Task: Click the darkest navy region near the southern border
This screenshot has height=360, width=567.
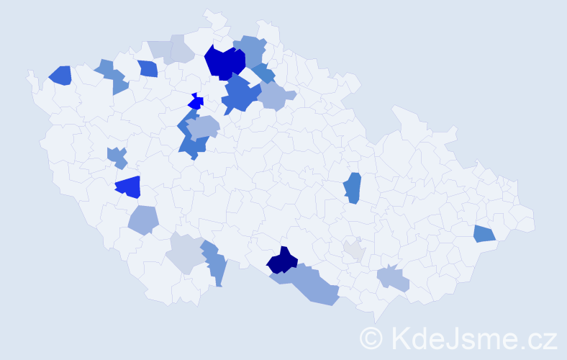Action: click(x=282, y=261)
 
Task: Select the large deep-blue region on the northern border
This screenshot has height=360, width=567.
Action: click(x=224, y=62)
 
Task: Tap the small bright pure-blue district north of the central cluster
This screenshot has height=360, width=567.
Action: click(x=195, y=102)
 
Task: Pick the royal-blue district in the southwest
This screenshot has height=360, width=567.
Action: click(x=128, y=187)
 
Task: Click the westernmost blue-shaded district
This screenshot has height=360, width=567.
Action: click(x=60, y=75)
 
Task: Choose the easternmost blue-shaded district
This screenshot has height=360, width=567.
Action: click(x=484, y=233)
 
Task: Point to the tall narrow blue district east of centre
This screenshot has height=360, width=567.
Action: click(x=352, y=188)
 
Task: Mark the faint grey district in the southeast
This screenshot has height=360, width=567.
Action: click(x=354, y=251)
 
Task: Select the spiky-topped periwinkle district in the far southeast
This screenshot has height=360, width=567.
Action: click(x=394, y=279)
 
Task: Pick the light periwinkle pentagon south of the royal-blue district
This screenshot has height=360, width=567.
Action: click(x=143, y=220)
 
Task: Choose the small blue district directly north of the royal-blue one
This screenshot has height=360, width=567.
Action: click(x=117, y=156)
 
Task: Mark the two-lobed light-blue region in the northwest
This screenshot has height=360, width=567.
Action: click(x=112, y=76)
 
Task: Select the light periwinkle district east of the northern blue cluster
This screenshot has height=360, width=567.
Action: click(x=276, y=96)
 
